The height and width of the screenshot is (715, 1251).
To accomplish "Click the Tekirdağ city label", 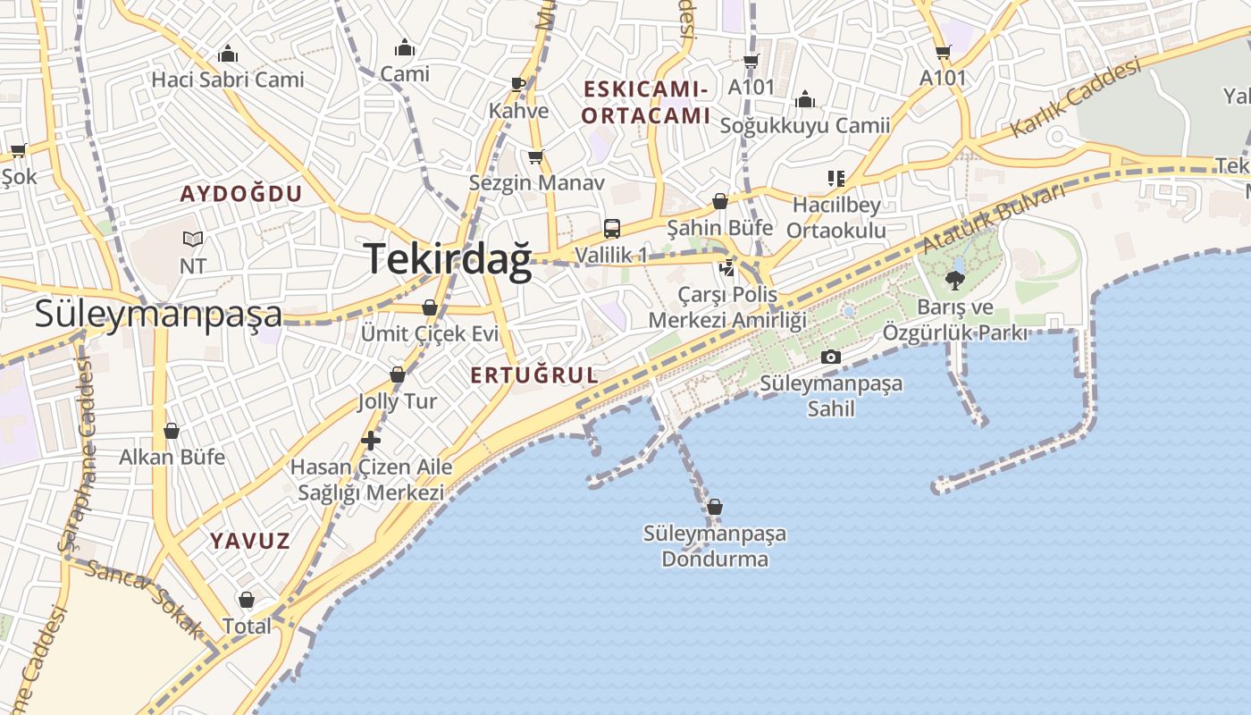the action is tap(448, 259).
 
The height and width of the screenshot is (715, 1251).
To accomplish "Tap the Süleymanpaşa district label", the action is tap(158, 314).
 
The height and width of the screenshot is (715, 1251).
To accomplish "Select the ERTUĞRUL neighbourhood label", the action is tap(534, 375).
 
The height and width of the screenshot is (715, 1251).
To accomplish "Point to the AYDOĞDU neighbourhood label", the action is tap(241, 194).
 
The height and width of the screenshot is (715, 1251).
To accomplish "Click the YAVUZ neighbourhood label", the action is tap(250, 541).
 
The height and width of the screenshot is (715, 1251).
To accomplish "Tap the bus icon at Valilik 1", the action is tap(611, 229).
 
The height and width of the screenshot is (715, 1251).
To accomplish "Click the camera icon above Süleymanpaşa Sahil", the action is tap(830, 357).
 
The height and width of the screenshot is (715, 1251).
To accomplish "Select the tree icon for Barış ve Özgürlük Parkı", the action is tap(954, 281).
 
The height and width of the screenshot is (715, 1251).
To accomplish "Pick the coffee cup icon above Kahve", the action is tap(518, 84).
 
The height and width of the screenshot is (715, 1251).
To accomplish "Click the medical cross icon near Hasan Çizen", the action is tap(371, 441).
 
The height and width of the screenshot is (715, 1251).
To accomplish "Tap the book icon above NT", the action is tap(193, 239).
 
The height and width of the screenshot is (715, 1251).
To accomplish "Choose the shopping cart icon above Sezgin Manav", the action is tap(536, 157).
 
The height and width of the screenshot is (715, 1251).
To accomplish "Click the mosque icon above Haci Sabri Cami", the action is tap(228, 54).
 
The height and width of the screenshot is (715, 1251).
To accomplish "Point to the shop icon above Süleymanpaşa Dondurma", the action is tap(714, 508).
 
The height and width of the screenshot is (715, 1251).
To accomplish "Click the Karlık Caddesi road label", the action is tap(1076, 97).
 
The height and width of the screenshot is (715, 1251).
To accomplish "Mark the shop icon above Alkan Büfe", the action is tap(172, 432).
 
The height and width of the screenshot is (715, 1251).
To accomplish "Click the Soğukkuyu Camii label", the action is tap(805, 126).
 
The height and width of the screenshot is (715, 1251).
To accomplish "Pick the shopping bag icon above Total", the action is tap(246, 600).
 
